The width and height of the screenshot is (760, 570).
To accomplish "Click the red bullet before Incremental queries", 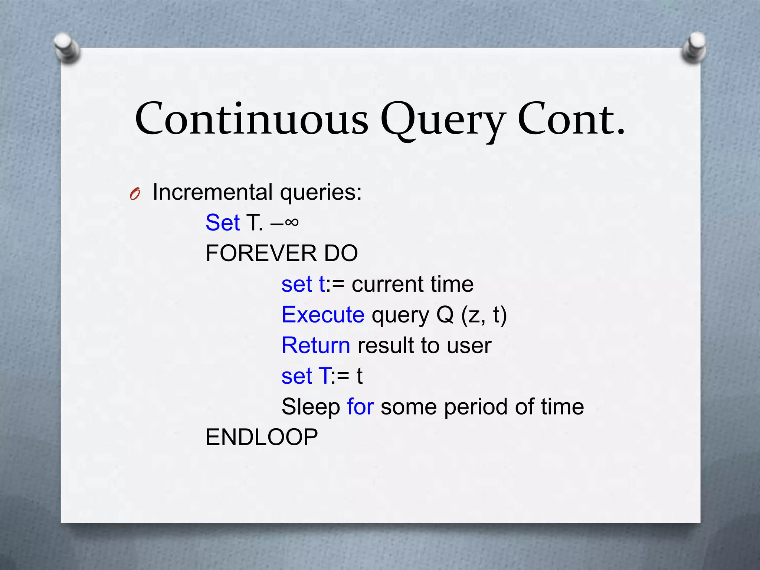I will point(135,194).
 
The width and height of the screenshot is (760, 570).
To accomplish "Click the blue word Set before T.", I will point(223,223).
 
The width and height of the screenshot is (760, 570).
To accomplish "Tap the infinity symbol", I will point(292,222).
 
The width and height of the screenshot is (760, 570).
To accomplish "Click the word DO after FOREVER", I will point(341,253).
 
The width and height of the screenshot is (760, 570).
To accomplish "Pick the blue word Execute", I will point(323,315).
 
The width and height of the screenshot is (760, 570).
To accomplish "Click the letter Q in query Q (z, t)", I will point(445,315).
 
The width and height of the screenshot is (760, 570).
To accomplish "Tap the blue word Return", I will point(316,345).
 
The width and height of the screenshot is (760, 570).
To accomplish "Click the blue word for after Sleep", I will point(360,407).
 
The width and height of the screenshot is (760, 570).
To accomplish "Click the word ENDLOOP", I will point(262,437).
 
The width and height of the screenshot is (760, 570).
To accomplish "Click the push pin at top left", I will point(66,47).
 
